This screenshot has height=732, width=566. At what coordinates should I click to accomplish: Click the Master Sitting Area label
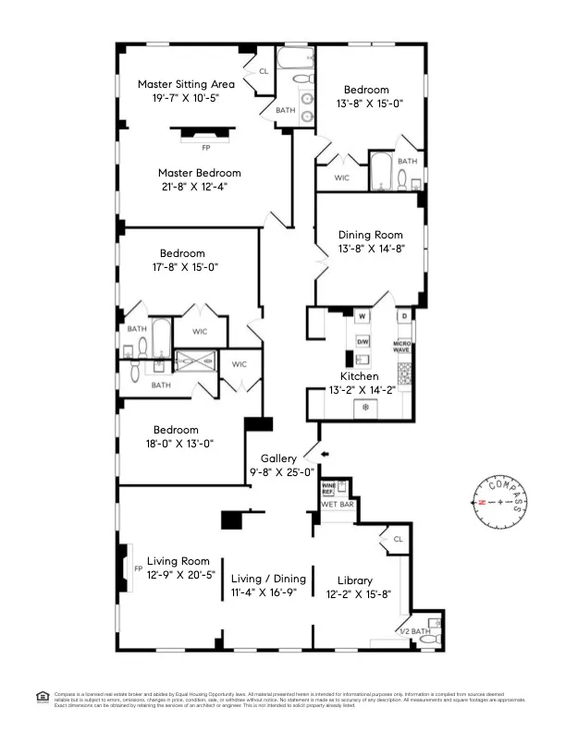186,84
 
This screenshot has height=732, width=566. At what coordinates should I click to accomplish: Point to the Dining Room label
370,235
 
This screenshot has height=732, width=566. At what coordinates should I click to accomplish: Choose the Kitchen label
359,376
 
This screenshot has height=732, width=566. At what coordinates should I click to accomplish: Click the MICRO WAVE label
402,347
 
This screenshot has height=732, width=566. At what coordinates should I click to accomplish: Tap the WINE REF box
327,488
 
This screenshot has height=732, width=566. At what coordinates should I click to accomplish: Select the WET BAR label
337,506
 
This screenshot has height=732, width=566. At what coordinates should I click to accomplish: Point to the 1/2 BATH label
412,631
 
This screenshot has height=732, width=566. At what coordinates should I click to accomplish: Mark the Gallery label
278,458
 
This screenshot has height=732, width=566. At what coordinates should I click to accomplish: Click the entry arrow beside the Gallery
323,454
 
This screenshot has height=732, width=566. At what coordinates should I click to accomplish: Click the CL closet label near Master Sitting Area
263,71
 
